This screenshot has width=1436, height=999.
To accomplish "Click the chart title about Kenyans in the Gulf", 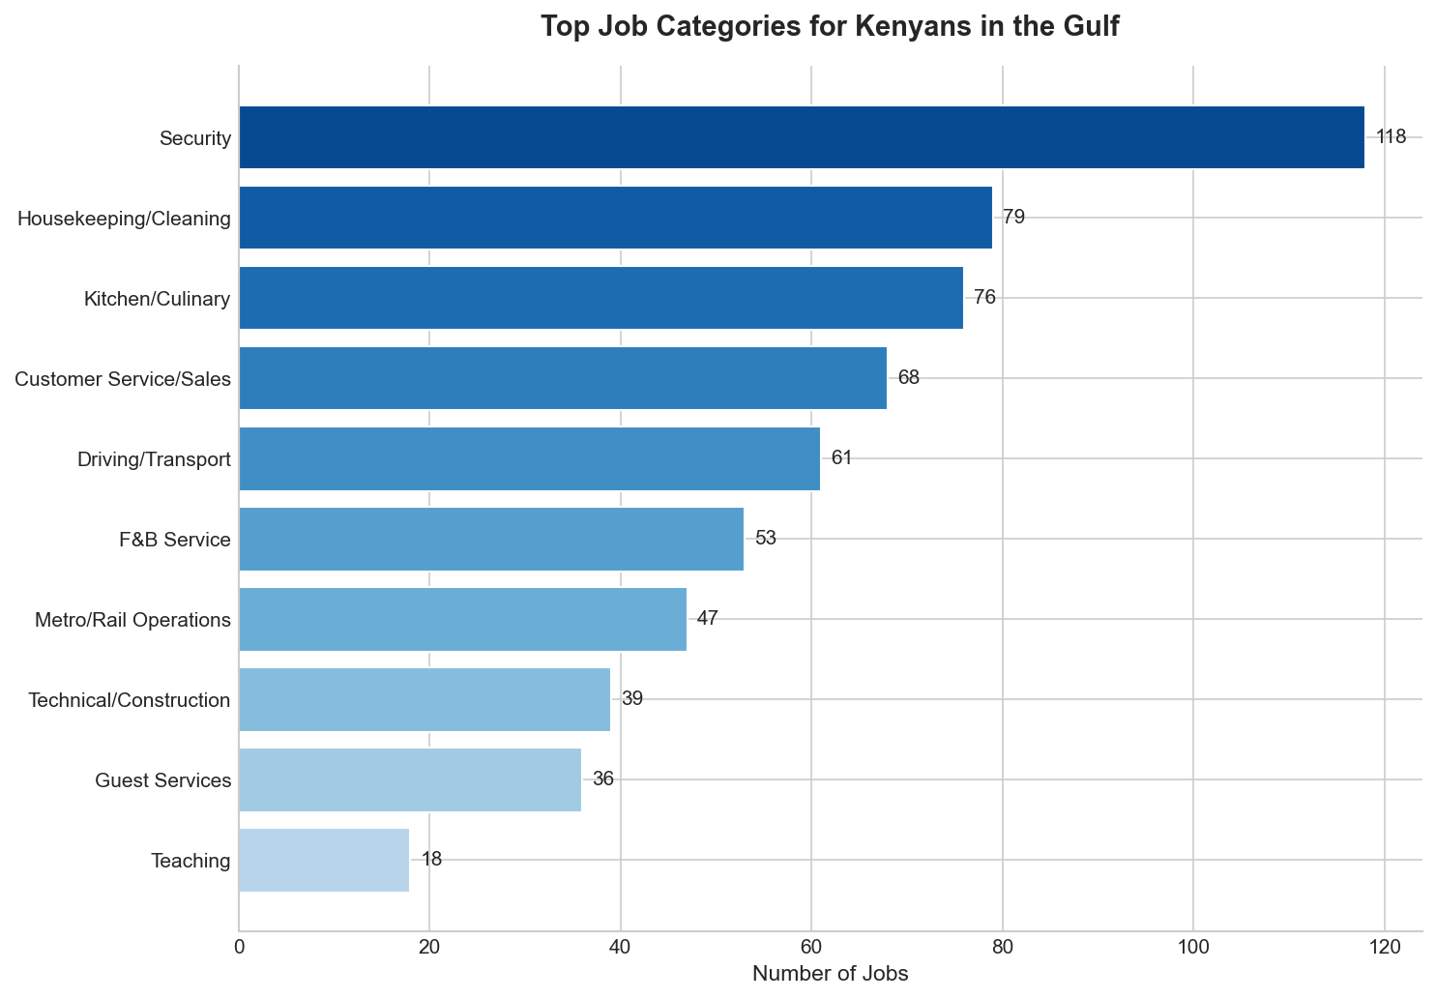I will coord(830,26).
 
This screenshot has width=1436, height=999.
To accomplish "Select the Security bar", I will coord(801,137).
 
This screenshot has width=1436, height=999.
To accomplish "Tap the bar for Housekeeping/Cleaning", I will coord(615,218).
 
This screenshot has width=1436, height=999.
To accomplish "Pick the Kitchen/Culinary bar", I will coord(601,298).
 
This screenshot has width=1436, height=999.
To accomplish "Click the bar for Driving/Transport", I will coord(529,458).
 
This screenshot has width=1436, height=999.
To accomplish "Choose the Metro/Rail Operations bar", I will coord(462,619).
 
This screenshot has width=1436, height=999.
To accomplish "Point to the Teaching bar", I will coord(324,860).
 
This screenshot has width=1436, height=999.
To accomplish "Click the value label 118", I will coord(1391,137).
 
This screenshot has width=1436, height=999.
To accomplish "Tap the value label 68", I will coord(909,378).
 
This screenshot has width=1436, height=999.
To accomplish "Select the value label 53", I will coord(766,539).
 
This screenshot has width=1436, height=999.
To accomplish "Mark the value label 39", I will coord(632,699).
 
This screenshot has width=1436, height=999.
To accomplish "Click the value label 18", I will coord(431,860).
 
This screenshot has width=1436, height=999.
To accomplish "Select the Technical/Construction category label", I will coord(130,700).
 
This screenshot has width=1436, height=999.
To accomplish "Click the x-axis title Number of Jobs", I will coord(830,974).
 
